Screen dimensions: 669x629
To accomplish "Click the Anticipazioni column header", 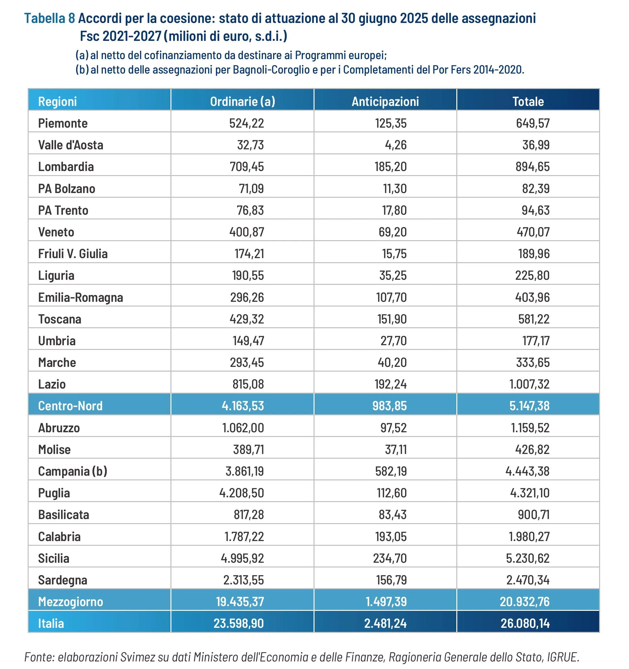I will point(385,101).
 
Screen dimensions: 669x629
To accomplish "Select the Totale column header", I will point(528,101).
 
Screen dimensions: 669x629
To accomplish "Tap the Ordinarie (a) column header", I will point(242,101).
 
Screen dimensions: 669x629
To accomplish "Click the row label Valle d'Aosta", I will point(71,145).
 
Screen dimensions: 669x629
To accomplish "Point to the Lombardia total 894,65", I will point(532,167).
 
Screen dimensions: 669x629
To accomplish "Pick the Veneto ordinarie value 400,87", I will point(247,232).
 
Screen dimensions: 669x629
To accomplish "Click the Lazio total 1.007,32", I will point(529,384).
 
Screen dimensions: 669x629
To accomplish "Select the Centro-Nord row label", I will point(70,406).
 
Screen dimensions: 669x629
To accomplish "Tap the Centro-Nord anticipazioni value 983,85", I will point(389,406).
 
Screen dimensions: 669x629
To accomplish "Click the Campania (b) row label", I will point(72,471).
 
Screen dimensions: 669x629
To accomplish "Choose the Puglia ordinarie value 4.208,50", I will point(242,493).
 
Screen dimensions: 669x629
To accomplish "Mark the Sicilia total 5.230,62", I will point(527,558).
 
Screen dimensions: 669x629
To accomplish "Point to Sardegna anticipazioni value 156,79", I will point(391,580).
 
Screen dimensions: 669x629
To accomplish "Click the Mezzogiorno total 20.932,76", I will point(524,602).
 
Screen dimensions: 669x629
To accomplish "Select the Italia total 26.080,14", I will point(525,623).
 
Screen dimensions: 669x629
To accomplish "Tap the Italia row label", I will point(51,623).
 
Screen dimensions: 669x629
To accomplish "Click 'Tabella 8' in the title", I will point(49,18).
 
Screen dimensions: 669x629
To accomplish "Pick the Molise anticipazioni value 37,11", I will point(396,450).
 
